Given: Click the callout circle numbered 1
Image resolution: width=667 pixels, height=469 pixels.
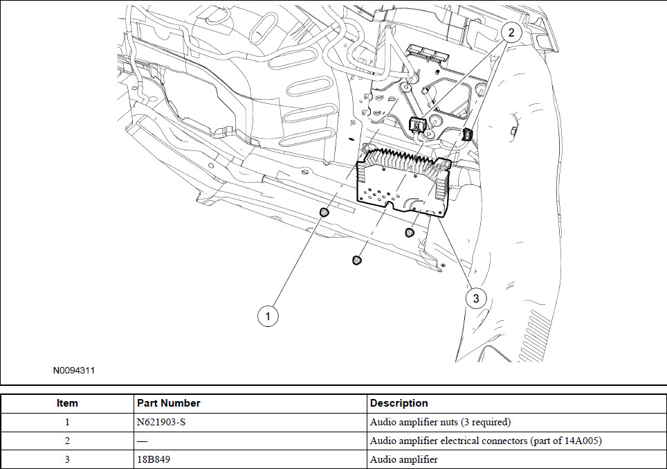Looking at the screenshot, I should (268, 316).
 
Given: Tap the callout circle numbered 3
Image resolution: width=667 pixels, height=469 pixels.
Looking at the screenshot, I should (475, 299).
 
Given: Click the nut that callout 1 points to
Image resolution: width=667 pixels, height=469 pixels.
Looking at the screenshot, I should (323, 211).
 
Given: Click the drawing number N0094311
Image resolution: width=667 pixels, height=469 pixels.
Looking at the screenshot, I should (74, 371).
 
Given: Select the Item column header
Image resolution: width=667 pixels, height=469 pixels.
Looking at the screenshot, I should (67, 403).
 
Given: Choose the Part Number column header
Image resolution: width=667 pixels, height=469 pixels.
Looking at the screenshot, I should (169, 403).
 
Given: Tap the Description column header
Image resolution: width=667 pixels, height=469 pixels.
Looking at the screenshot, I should (399, 403).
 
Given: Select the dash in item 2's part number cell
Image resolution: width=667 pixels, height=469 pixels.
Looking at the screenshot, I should (143, 441).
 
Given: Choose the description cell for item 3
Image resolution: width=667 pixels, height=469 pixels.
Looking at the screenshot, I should (404, 459).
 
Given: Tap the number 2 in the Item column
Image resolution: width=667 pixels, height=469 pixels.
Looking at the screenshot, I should (67, 441).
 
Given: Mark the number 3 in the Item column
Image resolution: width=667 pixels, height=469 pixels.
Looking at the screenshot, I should (67, 459).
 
